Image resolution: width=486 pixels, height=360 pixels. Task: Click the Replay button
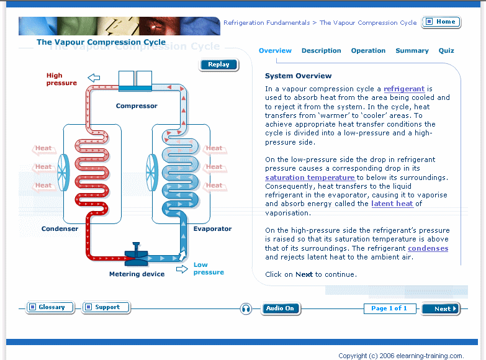(x=218, y=65)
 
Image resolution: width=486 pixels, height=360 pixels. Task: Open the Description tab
(x=321, y=51)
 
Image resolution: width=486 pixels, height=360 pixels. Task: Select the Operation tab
(x=368, y=51)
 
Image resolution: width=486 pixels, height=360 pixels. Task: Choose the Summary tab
(x=412, y=51)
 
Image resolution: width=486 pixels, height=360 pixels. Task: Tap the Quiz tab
(x=446, y=51)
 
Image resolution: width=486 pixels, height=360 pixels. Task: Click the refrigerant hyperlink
(x=404, y=89)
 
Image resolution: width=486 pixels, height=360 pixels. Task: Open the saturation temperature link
(x=310, y=178)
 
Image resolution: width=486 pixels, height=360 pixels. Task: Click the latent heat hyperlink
(x=392, y=204)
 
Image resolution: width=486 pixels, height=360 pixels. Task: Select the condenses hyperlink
(x=428, y=248)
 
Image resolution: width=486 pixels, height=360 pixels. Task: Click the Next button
(x=441, y=308)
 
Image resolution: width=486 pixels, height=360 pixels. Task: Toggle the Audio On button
(x=281, y=308)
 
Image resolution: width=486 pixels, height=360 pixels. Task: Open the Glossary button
(x=50, y=307)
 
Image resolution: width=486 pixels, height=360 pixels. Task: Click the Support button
(x=106, y=307)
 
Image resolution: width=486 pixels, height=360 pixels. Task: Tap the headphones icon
(x=246, y=308)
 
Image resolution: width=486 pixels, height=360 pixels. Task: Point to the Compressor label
(x=137, y=106)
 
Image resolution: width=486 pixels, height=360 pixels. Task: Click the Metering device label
(x=137, y=274)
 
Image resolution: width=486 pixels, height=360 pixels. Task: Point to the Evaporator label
(x=212, y=229)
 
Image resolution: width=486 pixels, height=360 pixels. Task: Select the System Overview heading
(x=298, y=76)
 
